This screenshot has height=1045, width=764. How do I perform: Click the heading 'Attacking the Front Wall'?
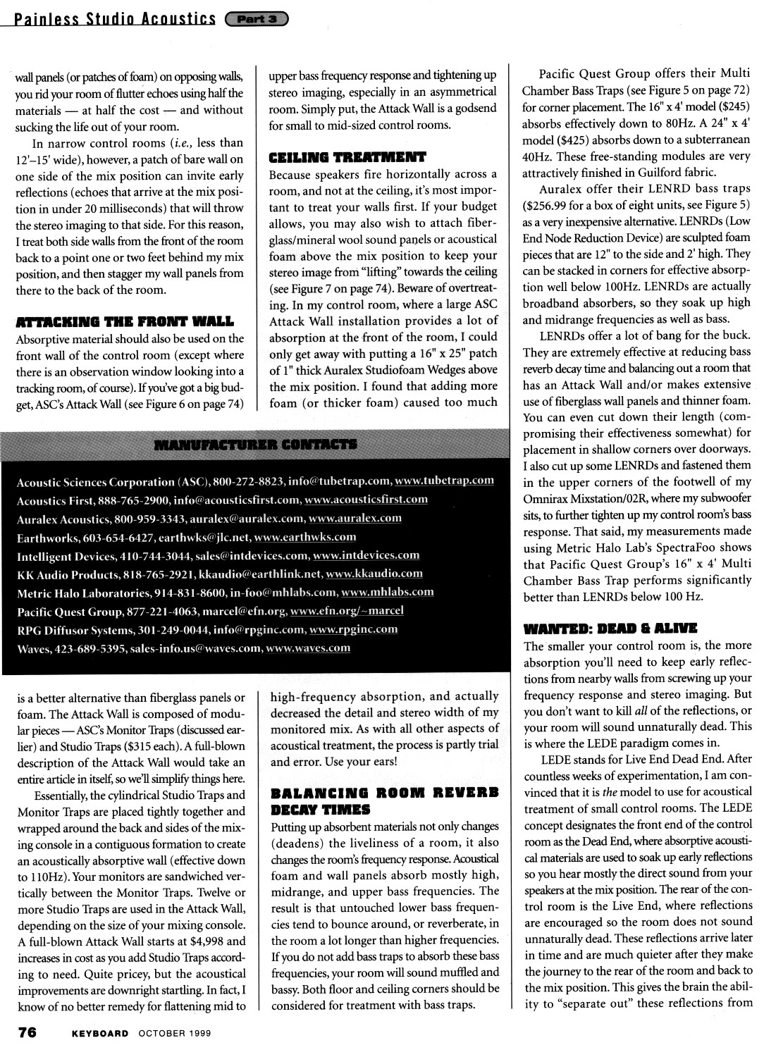tap(125, 322)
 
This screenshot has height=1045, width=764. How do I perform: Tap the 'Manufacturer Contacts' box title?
tap(255, 445)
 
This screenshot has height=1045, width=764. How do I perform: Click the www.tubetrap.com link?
tap(444, 481)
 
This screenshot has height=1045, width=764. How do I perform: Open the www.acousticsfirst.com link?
tap(366, 500)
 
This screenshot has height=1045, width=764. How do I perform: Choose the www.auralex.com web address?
tap(355, 518)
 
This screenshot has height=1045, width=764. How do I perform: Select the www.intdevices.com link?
tap(366, 555)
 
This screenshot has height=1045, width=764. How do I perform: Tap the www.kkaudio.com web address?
tap(374, 574)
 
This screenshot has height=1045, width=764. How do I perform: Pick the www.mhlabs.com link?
tap(387, 592)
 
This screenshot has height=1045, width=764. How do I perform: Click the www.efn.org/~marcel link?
tap(347, 611)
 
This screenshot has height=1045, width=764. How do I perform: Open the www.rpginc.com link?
tap(353, 629)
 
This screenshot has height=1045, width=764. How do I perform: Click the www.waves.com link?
tap(307, 648)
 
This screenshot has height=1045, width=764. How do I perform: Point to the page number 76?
tap(27, 1032)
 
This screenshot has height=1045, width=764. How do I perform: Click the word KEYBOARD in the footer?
tap(100, 1033)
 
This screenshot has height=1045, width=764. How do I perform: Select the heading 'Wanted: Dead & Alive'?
tap(610, 627)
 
